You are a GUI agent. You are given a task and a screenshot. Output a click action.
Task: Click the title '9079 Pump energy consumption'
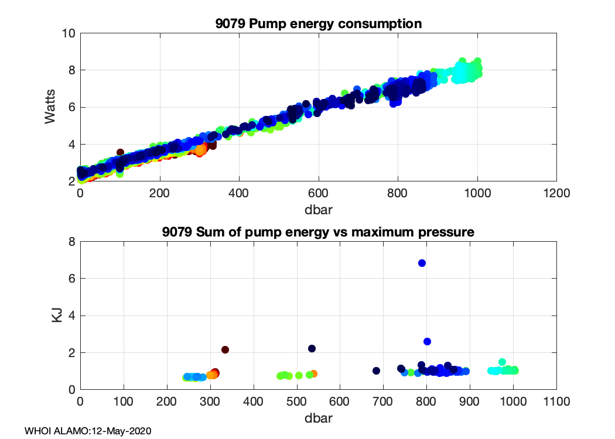(x=319, y=24)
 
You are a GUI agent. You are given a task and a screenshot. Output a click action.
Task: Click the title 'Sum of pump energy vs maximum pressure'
(x=318, y=232)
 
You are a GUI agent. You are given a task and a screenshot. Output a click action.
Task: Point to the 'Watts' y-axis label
(x=51, y=107)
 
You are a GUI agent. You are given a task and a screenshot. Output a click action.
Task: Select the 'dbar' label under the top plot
(x=319, y=207)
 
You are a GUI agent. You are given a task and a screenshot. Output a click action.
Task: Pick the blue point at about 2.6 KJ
(x=427, y=341)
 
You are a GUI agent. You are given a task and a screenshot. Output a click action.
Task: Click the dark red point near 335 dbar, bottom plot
(x=225, y=349)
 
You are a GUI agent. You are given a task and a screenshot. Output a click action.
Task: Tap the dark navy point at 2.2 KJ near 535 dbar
(x=312, y=348)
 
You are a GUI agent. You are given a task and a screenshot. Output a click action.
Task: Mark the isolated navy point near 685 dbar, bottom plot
(x=377, y=371)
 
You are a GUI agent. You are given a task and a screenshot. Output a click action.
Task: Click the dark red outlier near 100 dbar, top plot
(x=120, y=152)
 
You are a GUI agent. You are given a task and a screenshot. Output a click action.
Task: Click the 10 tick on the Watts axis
(x=69, y=33)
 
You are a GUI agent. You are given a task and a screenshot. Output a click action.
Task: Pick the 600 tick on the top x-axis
(x=319, y=193)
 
